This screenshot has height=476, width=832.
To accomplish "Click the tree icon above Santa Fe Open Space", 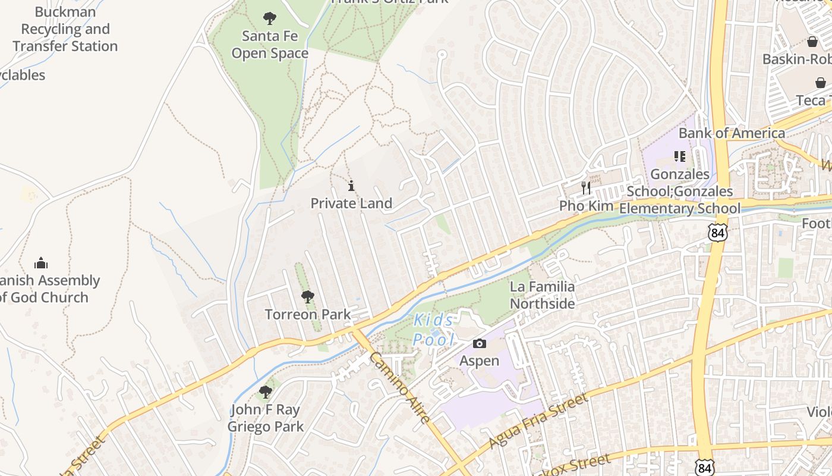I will (x=270, y=18).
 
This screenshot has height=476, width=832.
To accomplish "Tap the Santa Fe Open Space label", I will (x=270, y=45).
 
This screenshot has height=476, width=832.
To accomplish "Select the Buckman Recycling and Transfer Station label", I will (x=65, y=29).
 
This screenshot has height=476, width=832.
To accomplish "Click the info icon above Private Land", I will (x=351, y=186).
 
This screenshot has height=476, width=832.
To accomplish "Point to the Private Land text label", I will (x=351, y=203).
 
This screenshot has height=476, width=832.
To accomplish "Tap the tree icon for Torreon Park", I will (x=307, y=296).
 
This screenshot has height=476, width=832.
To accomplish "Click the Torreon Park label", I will (x=307, y=314).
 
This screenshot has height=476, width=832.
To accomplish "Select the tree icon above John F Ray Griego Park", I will (x=266, y=392).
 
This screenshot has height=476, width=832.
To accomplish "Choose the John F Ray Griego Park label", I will (x=266, y=418).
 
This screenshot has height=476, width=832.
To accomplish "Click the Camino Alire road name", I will (x=399, y=387).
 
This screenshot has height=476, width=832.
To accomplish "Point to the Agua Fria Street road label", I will (x=538, y=421).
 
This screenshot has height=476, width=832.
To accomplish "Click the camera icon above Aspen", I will (x=479, y=343).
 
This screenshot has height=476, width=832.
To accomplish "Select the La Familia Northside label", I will (x=542, y=295).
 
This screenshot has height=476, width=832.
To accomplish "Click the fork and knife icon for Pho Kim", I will (x=586, y=188).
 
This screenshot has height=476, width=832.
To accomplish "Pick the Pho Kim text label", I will (x=585, y=206).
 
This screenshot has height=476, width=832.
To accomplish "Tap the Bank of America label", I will (x=732, y=133).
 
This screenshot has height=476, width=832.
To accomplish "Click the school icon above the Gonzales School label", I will (x=680, y=156).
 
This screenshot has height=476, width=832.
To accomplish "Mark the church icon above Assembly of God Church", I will (x=41, y=262).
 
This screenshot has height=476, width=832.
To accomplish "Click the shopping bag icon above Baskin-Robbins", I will (x=812, y=42).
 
